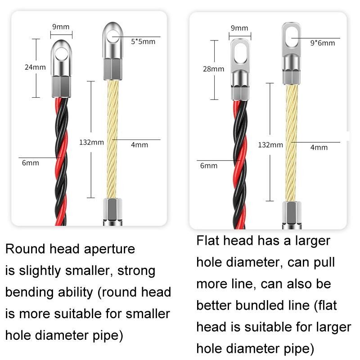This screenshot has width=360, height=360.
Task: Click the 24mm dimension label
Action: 35,67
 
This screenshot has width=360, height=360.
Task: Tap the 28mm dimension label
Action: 214,69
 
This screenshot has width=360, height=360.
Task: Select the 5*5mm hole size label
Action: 143,42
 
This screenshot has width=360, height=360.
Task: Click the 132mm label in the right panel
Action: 270,145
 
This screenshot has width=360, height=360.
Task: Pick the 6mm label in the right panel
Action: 209,166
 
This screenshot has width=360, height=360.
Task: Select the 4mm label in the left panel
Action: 139,145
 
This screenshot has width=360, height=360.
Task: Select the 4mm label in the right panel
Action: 319,147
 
